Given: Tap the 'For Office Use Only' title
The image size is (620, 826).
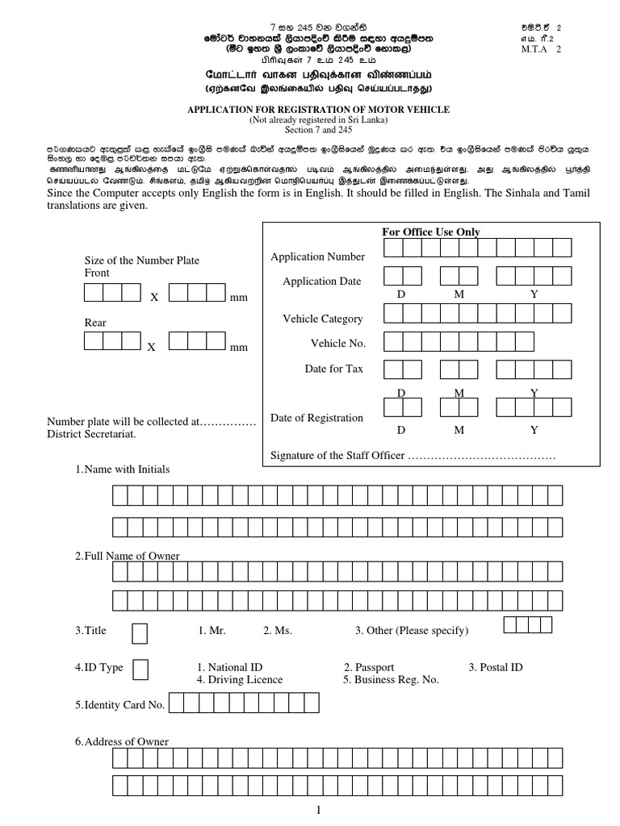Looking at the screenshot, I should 430,232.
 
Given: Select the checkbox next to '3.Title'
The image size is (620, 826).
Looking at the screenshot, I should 140,633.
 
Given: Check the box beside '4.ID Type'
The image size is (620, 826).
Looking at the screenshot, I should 140,670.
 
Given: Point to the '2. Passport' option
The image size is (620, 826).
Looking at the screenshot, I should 369,667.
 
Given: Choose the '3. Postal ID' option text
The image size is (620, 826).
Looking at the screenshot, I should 496,667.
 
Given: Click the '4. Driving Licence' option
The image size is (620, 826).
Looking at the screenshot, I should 240,679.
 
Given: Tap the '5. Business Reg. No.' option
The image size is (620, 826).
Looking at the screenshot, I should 391,679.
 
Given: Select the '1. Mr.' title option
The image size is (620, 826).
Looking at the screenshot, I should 212,630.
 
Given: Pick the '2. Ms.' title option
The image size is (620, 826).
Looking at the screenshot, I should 277,630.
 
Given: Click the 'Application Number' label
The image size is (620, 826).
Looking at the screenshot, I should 317,257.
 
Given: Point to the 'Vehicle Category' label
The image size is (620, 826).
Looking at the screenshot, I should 323,319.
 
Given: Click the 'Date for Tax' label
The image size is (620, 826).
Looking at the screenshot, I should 333,368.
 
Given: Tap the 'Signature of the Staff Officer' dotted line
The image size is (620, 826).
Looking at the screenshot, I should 482,456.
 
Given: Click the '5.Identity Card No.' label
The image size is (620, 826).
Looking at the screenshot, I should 119,704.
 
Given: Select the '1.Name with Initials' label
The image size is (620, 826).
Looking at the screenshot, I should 122,469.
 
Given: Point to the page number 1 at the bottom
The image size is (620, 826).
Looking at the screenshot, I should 320,810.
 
